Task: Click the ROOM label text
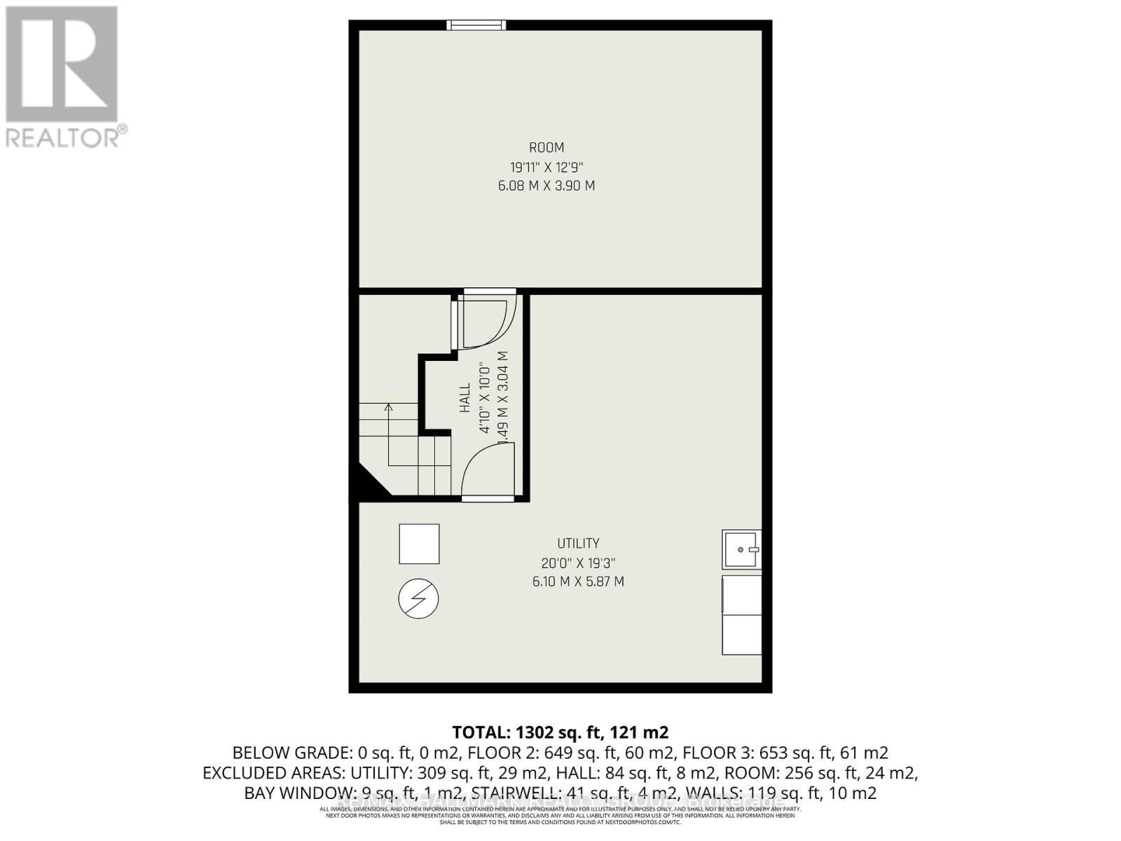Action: coord(546,148)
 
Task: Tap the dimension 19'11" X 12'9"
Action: coord(546,167)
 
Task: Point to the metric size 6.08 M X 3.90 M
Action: coord(546,186)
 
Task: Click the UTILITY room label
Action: coord(578,543)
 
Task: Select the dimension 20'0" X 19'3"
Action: coord(578,563)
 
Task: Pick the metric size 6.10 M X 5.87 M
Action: coord(578,582)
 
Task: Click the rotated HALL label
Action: coord(465,398)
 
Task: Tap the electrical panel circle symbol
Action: coord(418,599)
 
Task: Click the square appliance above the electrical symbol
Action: coord(419,544)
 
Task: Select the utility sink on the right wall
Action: coord(741,549)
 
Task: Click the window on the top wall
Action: coord(476,26)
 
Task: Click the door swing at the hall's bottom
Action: coord(488,471)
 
